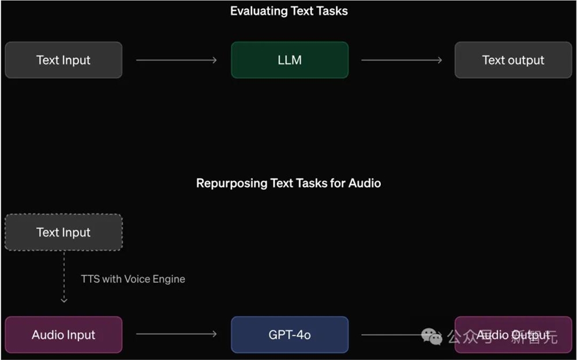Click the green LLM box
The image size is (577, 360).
click(x=290, y=60)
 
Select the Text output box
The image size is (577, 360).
click(x=513, y=60)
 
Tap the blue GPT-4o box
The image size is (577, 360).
click(x=290, y=335)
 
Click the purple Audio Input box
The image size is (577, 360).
click(x=63, y=335)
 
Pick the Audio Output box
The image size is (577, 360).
click(x=513, y=335)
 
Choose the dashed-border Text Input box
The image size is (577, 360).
click(x=63, y=232)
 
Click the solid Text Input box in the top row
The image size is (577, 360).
click(x=63, y=60)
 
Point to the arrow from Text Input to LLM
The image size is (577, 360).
click(x=176, y=60)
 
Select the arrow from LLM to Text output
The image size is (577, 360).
click(x=402, y=60)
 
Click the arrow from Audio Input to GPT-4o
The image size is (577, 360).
click(x=176, y=334)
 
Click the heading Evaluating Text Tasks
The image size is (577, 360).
click(x=288, y=11)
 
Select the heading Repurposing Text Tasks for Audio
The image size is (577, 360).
click(x=288, y=183)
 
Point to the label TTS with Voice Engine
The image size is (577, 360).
click(x=133, y=279)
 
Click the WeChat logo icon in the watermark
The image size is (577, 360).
click(x=432, y=336)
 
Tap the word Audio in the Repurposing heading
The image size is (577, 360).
click(x=365, y=183)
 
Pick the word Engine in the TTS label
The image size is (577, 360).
click(x=168, y=279)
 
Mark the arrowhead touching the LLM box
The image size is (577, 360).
click(x=215, y=60)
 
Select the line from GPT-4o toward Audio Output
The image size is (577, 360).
click(x=392, y=334)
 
